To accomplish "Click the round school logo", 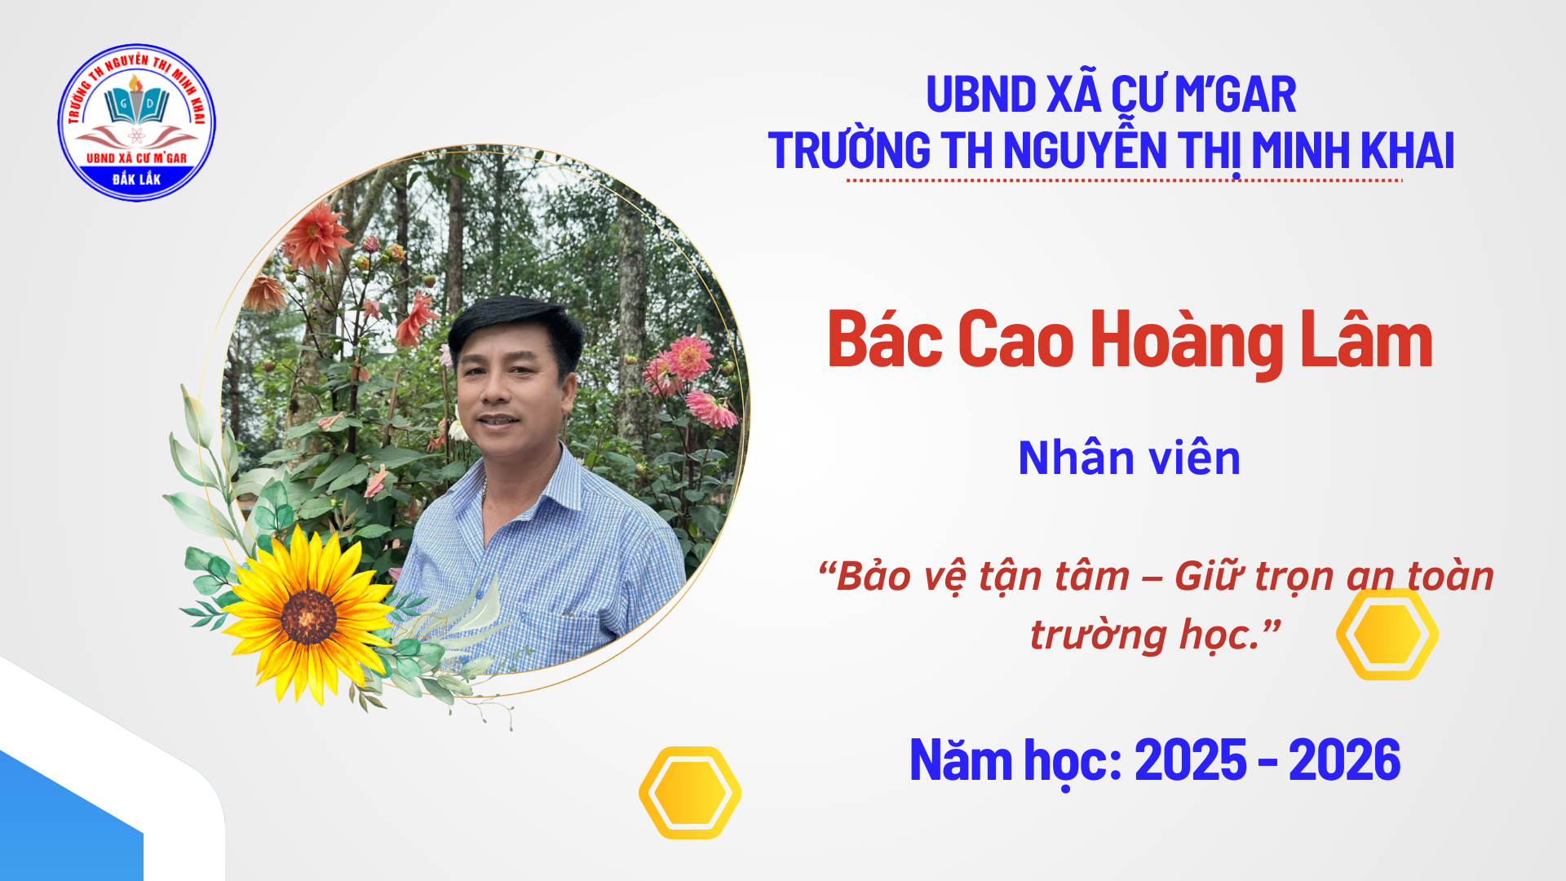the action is [x=137, y=122].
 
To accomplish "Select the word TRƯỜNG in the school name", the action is [x=849, y=151].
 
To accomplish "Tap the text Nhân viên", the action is [x=1130, y=458].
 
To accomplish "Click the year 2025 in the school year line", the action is [x=1191, y=760].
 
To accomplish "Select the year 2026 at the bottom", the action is [x=1345, y=760].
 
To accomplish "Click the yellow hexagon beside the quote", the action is [x=1387, y=634].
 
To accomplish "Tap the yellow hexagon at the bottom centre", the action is [x=690, y=792].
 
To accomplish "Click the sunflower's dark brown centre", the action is [x=308, y=617].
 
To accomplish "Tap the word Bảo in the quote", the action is [x=874, y=577].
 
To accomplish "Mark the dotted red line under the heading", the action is [x=1124, y=180].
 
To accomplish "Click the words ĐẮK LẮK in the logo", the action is [x=137, y=179].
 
